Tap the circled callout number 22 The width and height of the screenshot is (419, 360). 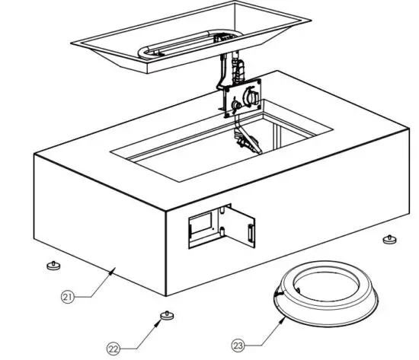pyautogui.click(x=114, y=349)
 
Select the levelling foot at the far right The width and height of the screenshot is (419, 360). pyautogui.click(x=389, y=240)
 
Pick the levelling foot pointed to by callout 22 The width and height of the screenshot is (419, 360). pyautogui.click(x=162, y=315)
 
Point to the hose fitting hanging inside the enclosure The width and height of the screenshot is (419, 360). pyautogui.click(x=246, y=141)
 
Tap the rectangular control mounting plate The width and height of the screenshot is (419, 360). pyautogui.click(x=241, y=99)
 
